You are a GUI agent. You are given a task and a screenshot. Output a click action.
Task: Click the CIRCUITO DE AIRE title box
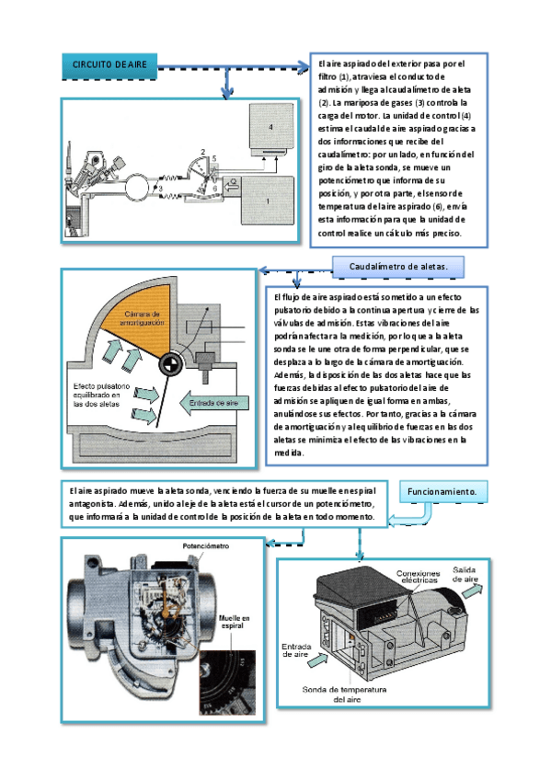[x=109, y=65]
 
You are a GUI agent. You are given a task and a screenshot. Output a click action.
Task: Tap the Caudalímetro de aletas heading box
[x=398, y=267]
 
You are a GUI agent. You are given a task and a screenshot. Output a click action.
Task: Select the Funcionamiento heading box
[x=443, y=491]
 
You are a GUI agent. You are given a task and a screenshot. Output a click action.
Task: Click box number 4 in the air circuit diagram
[x=271, y=129]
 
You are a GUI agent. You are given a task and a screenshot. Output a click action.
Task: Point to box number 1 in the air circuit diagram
[x=268, y=201]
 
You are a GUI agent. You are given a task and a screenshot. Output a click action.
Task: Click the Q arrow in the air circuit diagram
[x=231, y=187]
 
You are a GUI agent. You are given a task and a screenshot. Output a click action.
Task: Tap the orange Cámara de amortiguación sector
[x=137, y=318]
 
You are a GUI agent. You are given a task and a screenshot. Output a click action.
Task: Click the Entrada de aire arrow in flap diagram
[x=213, y=403]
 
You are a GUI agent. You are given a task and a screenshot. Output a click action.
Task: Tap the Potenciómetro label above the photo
[x=206, y=546]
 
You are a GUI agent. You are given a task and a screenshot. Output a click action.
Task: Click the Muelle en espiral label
[x=235, y=622]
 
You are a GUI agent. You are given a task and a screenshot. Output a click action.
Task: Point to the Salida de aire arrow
[x=472, y=591]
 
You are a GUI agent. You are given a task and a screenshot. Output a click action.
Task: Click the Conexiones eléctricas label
[x=419, y=577]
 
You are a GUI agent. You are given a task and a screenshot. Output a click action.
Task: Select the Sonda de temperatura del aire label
[x=344, y=694]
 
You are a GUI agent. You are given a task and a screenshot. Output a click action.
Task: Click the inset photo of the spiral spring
[x=228, y=682]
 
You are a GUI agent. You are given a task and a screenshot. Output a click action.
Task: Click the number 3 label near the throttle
[x=161, y=189]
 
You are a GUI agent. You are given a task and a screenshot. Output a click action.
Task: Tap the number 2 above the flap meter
[x=203, y=152]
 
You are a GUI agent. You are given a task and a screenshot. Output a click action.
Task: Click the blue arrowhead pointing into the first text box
[x=304, y=66]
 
